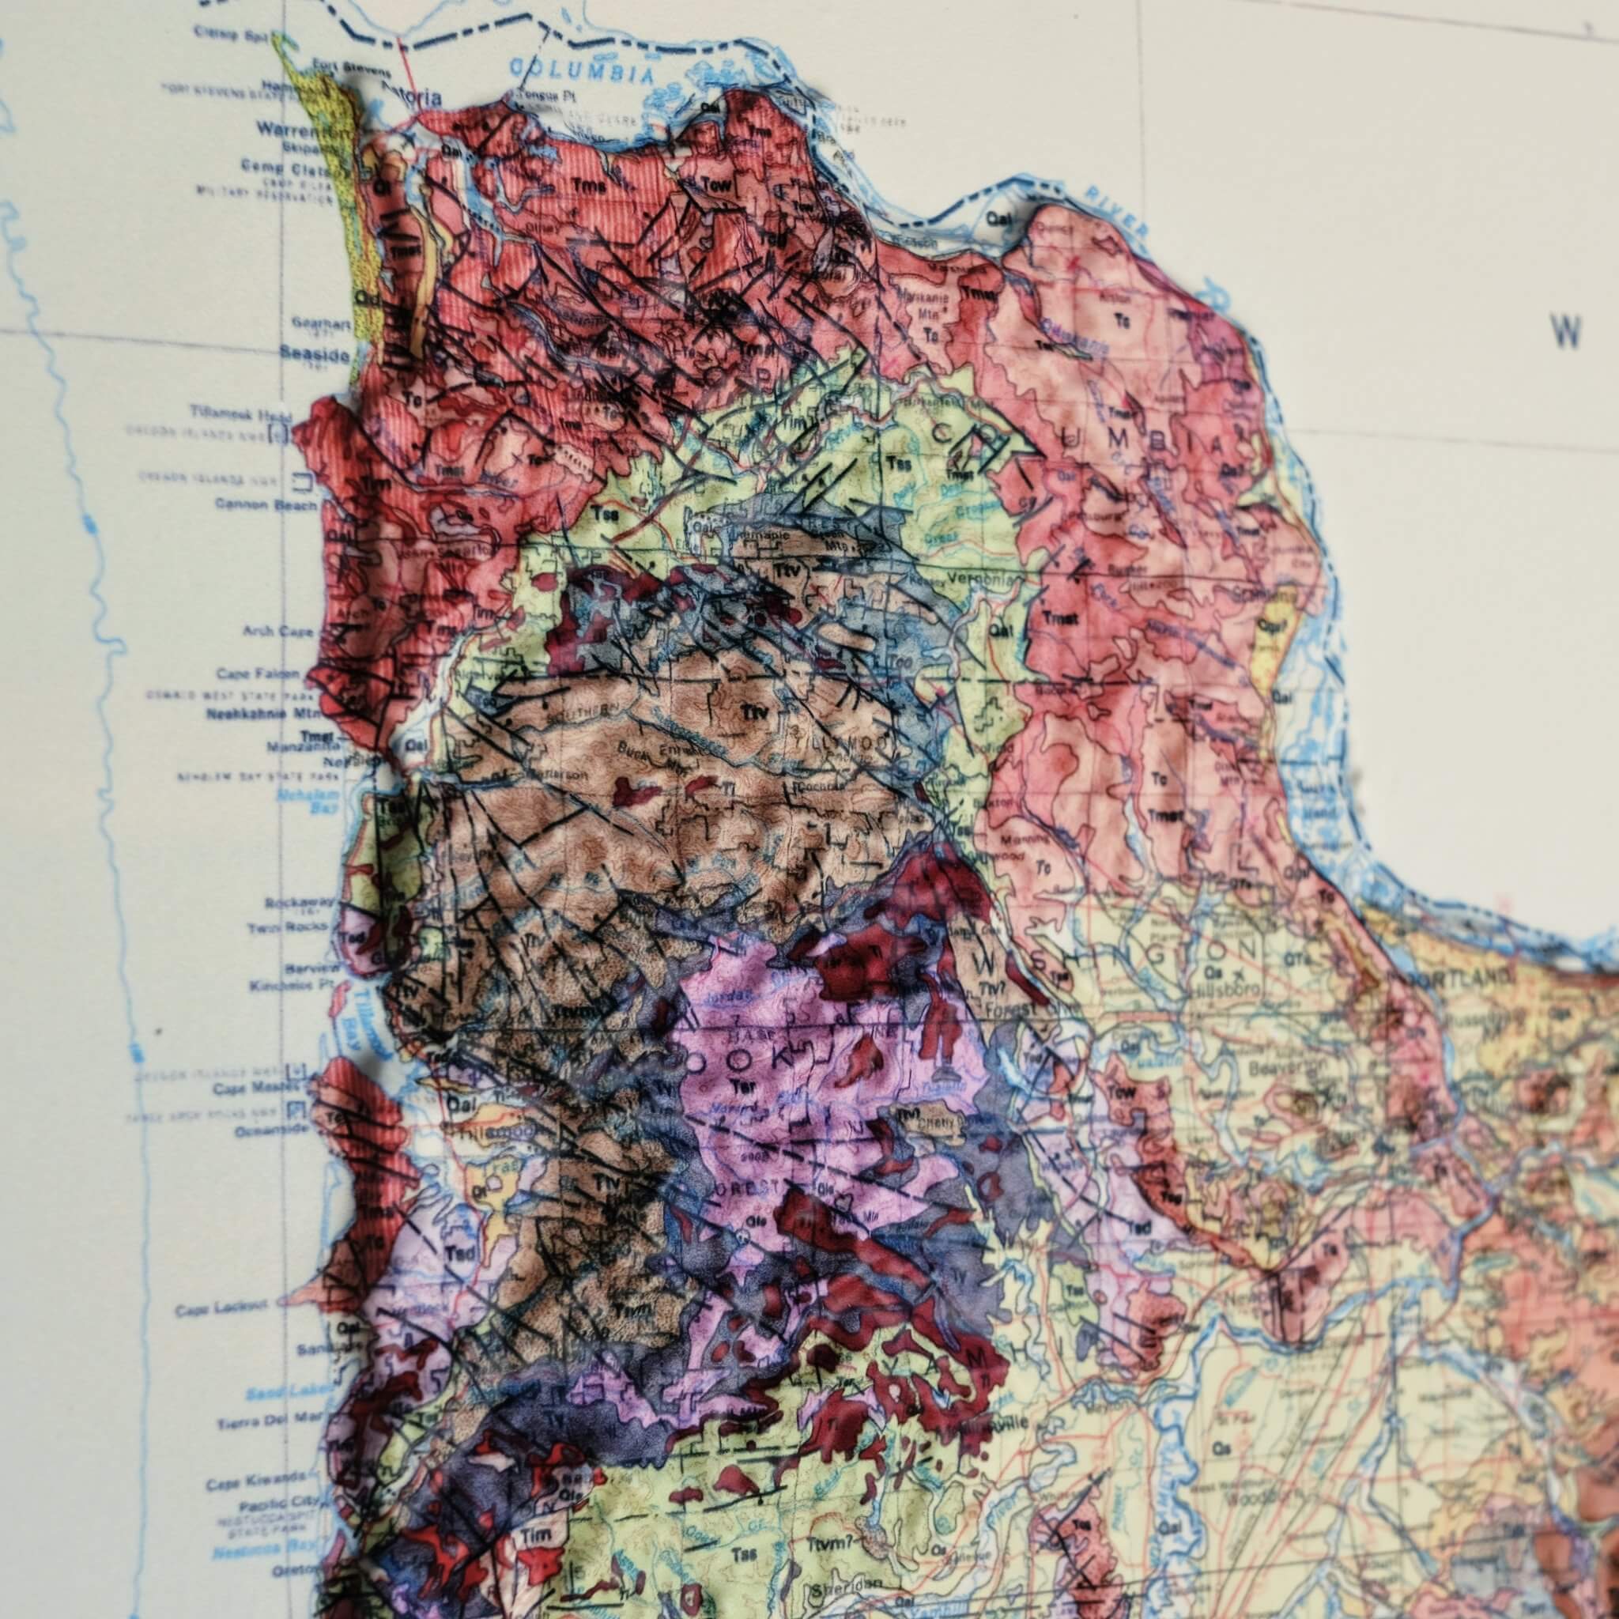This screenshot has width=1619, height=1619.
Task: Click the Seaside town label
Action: [x=315, y=355]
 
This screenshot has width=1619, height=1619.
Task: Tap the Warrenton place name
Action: [x=287, y=130]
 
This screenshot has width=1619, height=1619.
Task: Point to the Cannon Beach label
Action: [x=266, y=504]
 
